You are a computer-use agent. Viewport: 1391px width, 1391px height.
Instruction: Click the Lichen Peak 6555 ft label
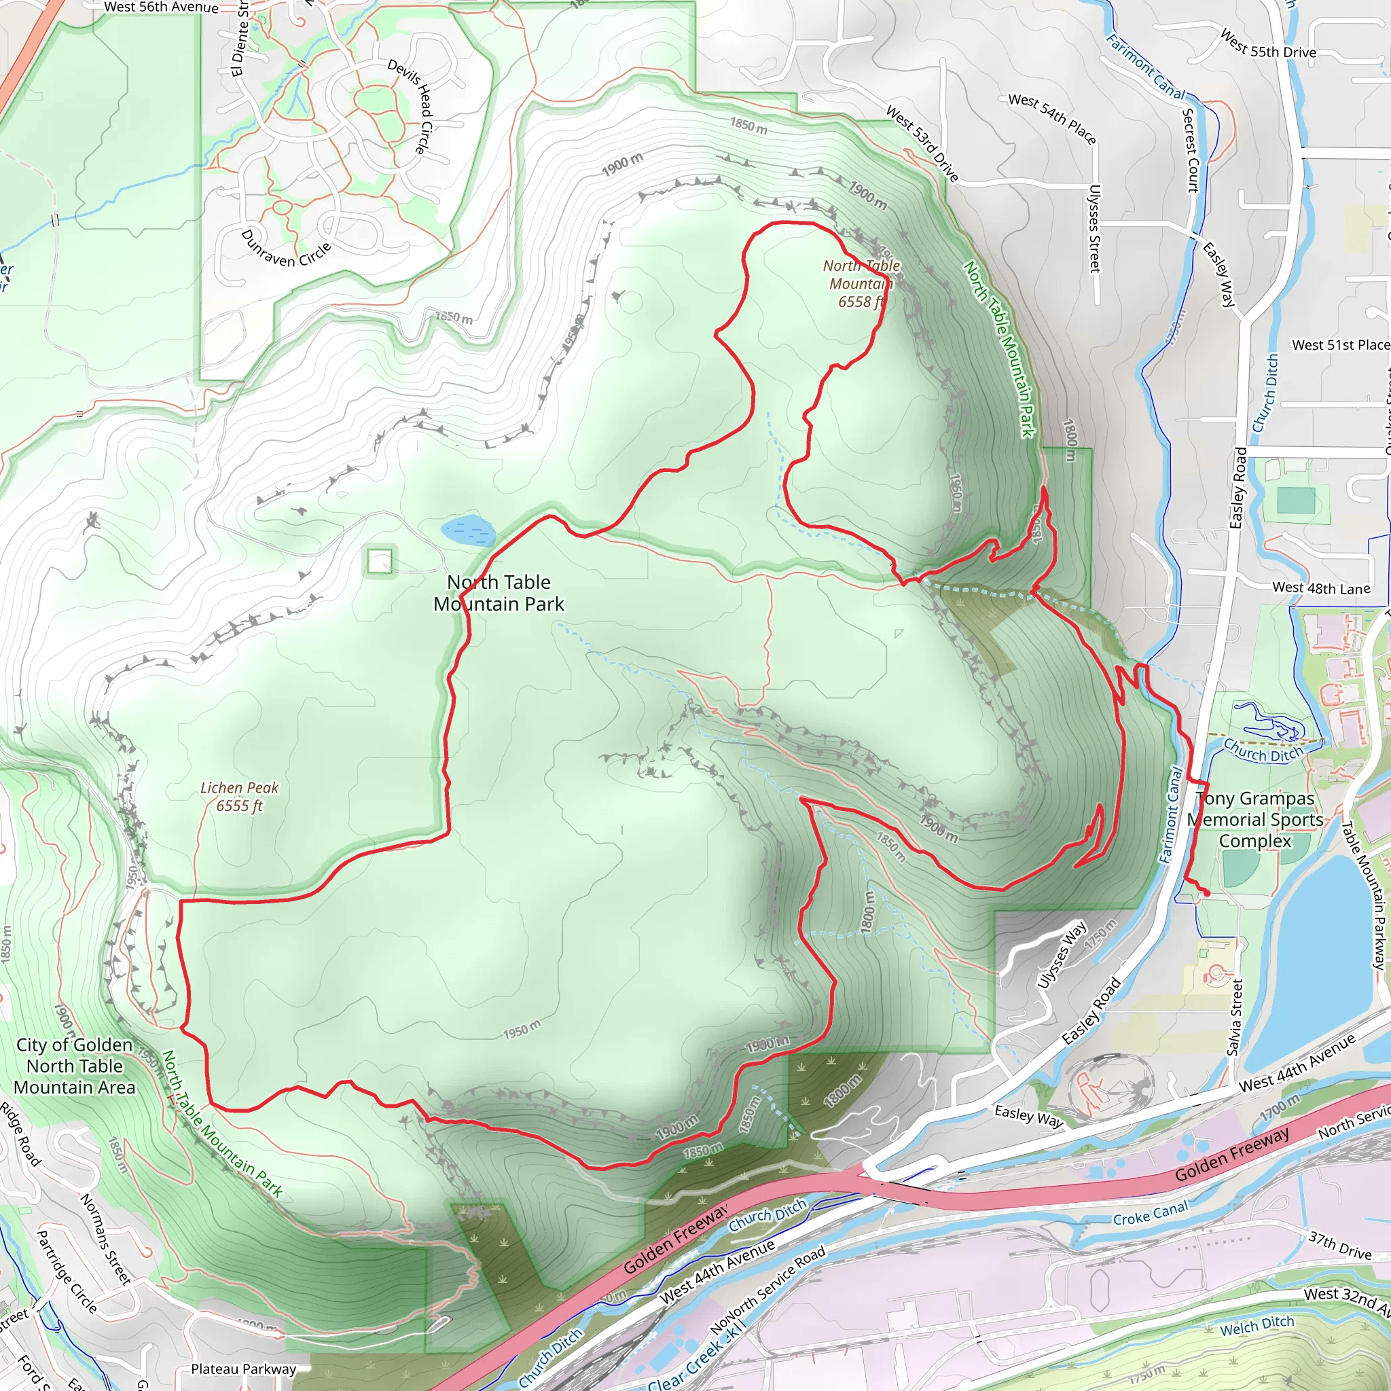239,796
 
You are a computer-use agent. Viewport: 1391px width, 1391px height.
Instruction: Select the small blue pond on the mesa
468,530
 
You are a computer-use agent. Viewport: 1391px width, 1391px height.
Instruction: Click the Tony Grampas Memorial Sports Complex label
1255,819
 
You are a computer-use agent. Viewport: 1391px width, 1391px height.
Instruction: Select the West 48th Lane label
1321,588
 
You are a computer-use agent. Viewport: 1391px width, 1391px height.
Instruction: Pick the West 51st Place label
1340,345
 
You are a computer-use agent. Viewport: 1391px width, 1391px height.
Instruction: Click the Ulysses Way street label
1062,955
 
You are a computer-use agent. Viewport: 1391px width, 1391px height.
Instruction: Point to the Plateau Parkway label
243,1369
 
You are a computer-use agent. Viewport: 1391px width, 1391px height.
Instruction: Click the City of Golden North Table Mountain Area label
74,1066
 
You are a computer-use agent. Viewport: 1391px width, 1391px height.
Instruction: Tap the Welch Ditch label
1257,1326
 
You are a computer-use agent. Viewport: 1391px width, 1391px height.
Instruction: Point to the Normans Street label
105,1238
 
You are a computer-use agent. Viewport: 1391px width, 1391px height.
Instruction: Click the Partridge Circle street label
67,1271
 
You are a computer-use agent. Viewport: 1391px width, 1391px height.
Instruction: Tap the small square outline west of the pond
380,561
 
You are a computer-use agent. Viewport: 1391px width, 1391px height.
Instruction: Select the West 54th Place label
1052,119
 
